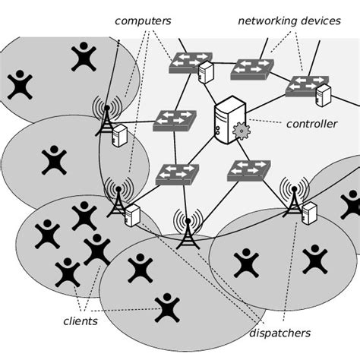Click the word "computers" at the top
pos(143,21)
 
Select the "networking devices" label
pos(289,21)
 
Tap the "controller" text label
pos(311,123)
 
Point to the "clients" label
pos(80,321)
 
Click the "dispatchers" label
pos(279,333)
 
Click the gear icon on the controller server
pos(242,131)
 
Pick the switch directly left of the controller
pos(174,120)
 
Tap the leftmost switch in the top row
pos(190,62)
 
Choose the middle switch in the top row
pos(252,69)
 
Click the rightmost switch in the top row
pos(306,85)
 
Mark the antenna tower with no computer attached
pos(188,228)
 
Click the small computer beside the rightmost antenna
pos(309,214)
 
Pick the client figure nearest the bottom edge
pos(166,308)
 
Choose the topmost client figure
pos(83,56)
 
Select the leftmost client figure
pos(20,85)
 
